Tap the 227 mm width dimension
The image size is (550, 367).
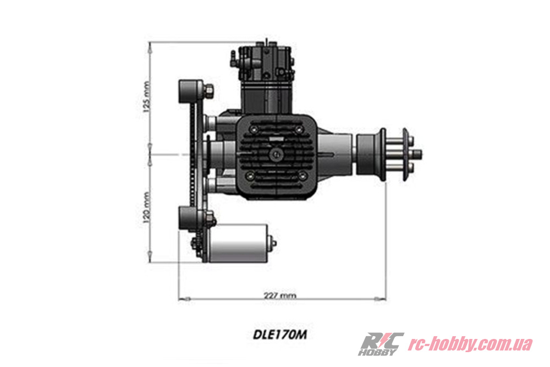tap(280, 295)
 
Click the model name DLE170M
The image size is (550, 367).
tap(280, 333)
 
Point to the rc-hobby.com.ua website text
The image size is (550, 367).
tap(470, 344)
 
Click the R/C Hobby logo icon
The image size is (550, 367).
tap(381, 344)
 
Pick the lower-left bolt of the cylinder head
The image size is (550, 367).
tap(250, 176)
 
